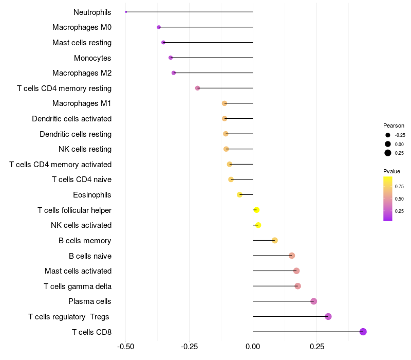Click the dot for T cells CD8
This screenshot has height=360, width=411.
pyautogui.click(x=363, y=332)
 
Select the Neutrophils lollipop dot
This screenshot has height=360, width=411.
pyautogui.click(x=126, y=12)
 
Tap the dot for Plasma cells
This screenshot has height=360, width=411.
pyautogui.click(x=314, y=301)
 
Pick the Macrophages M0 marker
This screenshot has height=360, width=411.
pyautogui.click(x=159, y=27)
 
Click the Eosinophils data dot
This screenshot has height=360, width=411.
pyautogui.click(x=239, y=195)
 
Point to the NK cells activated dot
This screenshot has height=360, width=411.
pyautogui.click(x=258, y=225)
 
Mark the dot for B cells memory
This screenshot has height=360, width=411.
pyautogui.click(x=275, y=241)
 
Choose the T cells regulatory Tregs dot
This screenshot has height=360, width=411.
pyautogui.click(x=328, y=317)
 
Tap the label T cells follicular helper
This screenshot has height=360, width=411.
pyautogui.click(x=74, y=210)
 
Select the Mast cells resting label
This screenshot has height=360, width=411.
pyautogui.click(x=82, y=43)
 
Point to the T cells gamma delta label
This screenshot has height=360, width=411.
pyautogui.click(x=78, y=286)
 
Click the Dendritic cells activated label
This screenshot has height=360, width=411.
pyautogui.click(x=71, y=119)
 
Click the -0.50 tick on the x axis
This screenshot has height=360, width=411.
pyautogui.click(x=126, y=347)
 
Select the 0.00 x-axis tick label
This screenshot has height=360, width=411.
pyautogui.click(x=253, y=347)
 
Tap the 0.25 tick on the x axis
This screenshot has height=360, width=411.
pyautogui.click(x=316, y=347)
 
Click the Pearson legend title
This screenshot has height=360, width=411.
pyautogui.click(x=394, y=125)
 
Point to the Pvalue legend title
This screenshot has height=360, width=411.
pyautogui.click(x=391, y=171)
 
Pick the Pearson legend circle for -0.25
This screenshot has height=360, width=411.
pyautogui.click(x=388, y=135)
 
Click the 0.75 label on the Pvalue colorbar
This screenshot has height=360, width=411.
pyautogui.click(x=399, y=186)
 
